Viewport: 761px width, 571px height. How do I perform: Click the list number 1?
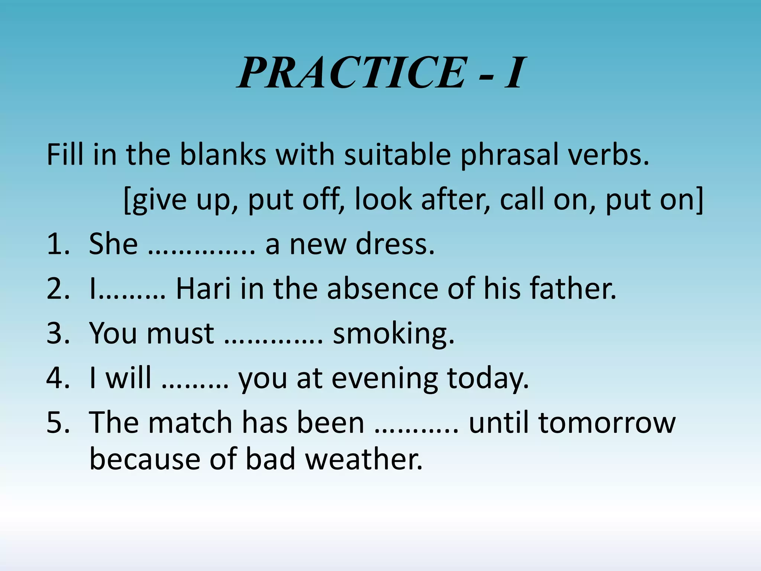[x=58, y=245]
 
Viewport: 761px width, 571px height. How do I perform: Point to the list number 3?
[x=58, y=333]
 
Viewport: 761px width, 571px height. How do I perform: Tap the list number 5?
[x=58, y=423]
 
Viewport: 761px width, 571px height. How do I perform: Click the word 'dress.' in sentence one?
[x=395, y=244]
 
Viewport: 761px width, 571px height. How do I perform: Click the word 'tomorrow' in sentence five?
[x=607, y=423]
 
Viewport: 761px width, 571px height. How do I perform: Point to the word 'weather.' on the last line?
[x=364, y=459]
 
